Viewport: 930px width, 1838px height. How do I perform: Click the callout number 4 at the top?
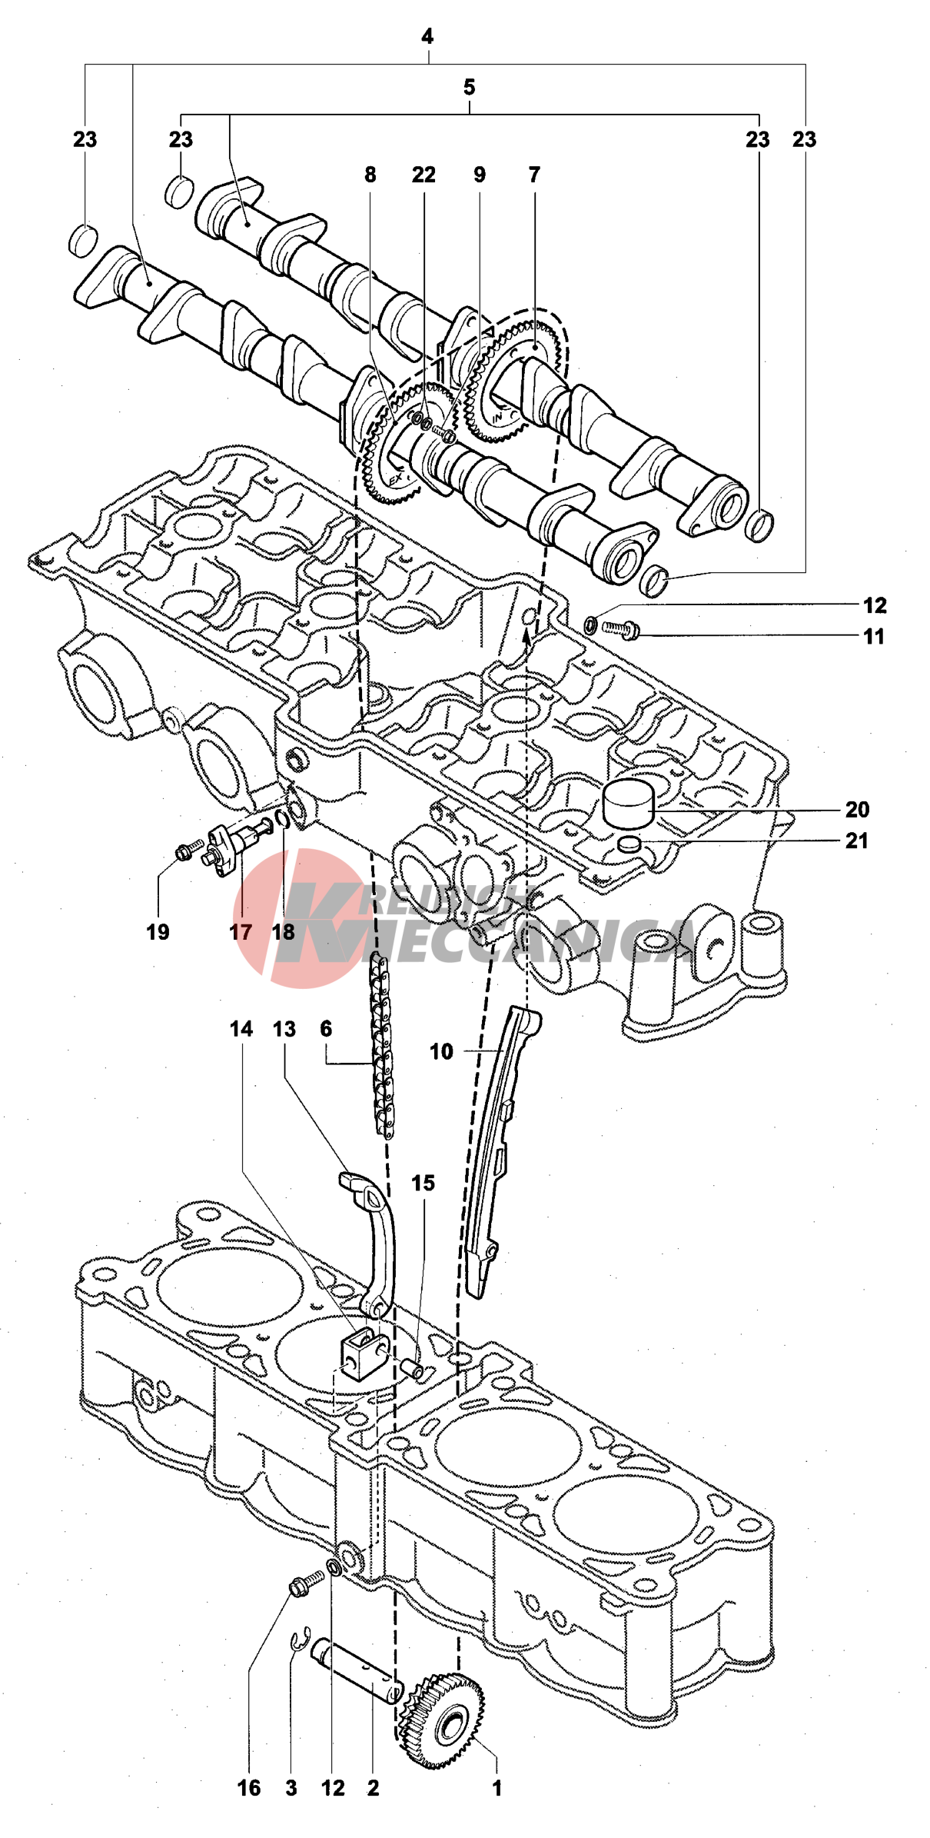427,36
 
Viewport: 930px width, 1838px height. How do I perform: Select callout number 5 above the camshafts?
470,88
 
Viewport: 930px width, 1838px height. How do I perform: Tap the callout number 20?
857,810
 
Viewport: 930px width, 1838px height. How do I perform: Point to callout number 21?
857,841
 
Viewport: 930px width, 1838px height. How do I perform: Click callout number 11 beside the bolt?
874,637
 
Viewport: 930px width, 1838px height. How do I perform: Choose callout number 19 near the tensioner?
158,932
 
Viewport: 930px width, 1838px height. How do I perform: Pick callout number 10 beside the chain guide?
441,1051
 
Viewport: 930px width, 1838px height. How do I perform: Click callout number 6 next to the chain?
326,1029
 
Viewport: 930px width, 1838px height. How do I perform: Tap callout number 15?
423,1183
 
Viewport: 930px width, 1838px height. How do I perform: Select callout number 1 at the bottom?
497,1788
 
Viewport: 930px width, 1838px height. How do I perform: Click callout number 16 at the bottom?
249,1788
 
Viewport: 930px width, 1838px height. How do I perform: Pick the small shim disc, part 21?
629,844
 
